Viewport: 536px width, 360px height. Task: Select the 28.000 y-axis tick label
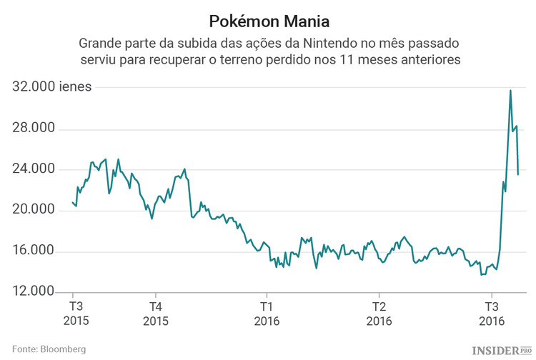[34, 129]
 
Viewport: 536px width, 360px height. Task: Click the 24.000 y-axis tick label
[34, 169]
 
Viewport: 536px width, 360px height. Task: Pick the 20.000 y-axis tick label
[34, 210]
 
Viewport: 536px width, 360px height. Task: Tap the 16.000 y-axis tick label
[34, 251]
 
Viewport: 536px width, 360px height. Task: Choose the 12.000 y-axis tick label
[34, 291]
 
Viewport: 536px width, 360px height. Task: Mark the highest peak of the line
[510, 91]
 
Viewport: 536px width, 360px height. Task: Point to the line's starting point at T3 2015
[73, 202]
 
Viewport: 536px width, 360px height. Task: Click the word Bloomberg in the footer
[64, 349]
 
